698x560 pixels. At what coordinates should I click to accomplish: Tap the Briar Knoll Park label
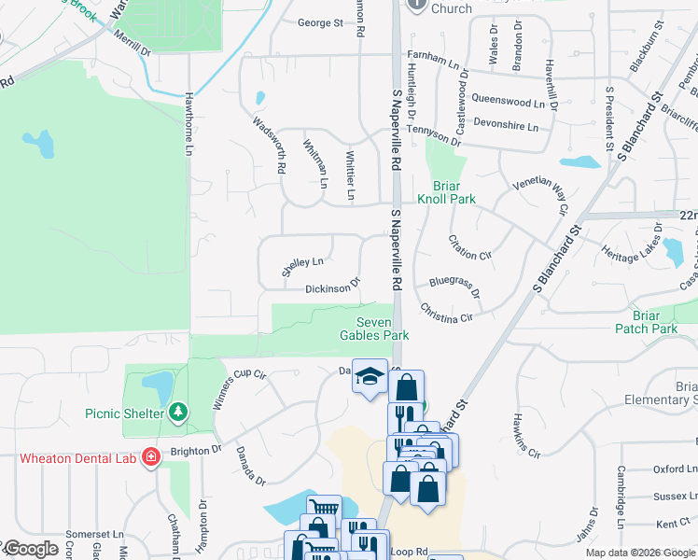[x=454, y=192]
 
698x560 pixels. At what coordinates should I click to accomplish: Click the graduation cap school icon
[x=370, y=376]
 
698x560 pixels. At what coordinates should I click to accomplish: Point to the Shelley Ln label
[x=302, y=267]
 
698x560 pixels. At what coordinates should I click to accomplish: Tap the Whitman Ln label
[x=315, y=163]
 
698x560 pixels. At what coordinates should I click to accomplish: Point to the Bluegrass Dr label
[x=454, y=287]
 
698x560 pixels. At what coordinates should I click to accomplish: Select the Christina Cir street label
[x=446, y=312]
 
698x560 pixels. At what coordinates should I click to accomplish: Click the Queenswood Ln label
[x=508, y=102]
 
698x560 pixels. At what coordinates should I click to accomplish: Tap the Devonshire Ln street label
[x=507, y=126]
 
